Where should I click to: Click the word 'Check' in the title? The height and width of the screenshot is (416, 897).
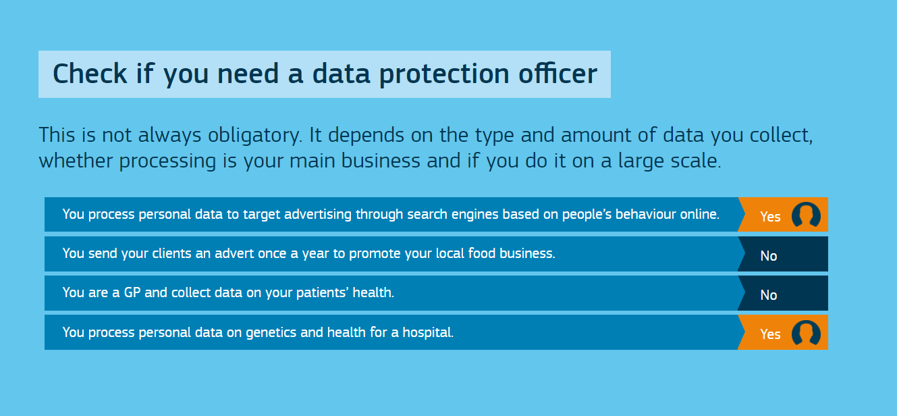point(90,74)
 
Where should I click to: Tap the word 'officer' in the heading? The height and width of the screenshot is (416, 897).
point(558,74)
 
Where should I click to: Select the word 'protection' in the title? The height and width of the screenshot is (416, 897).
point(444,75)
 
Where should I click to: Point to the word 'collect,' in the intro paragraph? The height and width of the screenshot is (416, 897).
point(782,135)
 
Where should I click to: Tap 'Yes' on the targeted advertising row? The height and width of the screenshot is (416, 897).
point(771,217)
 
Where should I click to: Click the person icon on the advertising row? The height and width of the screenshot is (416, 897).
point(806,215)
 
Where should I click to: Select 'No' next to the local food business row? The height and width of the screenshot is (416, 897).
point(769,256)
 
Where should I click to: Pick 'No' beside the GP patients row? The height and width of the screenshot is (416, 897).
point(769,295)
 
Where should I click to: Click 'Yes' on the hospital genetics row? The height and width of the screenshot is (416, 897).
point(771,334)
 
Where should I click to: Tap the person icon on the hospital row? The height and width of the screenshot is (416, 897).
point(806,333)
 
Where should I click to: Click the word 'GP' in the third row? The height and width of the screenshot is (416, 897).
point(132,292)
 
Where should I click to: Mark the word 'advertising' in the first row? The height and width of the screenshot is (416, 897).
point(318,214)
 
